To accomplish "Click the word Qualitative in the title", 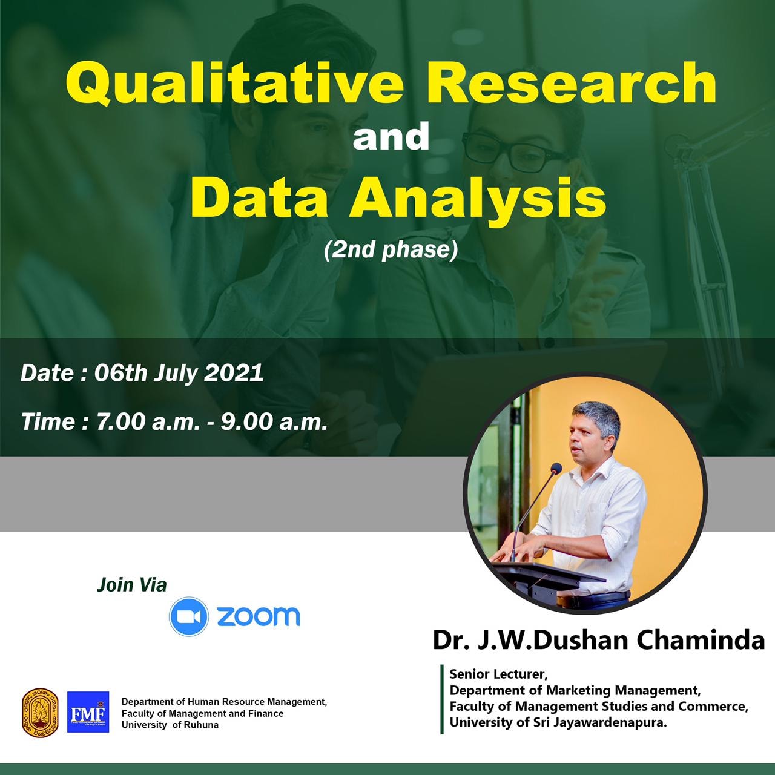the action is (234, 83).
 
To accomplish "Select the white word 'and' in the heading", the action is (391, 137).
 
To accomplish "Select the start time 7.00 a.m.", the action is (148, 422).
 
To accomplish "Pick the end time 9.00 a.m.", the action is (274, 422).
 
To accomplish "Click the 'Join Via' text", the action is (132, 585).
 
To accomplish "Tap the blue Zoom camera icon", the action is (189, 616).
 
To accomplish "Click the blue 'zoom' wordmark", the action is (259, 616).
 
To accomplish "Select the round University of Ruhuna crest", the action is (40, 712).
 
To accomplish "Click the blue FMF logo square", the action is (88, 712).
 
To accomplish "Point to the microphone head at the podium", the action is (556, 468).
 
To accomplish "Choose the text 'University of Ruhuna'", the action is (170, 725).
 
